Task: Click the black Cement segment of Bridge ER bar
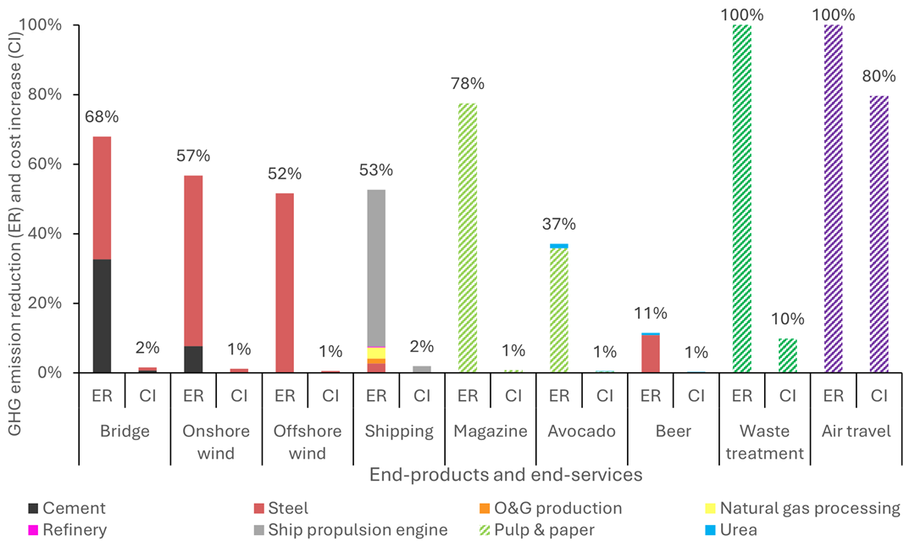click(102, 315)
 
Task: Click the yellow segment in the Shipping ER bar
click(375, 353)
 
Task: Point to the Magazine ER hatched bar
click(467, 237)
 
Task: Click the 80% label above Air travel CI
click(879, 76)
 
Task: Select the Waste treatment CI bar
click(787, 355)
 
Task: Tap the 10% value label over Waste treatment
click(787, 320)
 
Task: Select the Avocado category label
click(581, 431)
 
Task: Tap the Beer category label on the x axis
click(673, 431)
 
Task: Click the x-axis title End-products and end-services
click(506, 476)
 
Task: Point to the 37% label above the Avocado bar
click(558, 225)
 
